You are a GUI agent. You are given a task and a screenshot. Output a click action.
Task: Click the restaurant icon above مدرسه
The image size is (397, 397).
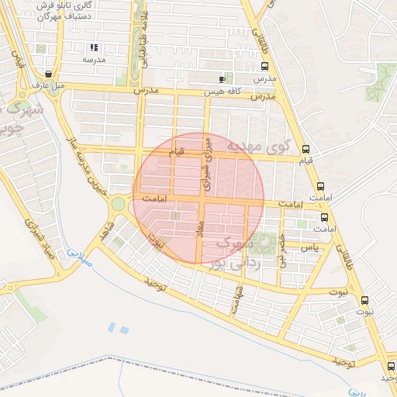(x=95, y=47)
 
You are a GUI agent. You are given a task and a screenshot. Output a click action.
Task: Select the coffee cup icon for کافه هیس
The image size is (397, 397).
(x=223, y=79)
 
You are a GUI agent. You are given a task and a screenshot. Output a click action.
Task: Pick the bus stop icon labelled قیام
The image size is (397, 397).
(x=306, y=149)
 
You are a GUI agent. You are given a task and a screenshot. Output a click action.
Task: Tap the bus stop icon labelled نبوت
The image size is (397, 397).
(x=364, y=300)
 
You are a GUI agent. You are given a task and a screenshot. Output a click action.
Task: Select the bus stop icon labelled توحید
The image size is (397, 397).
(x=389, y=365)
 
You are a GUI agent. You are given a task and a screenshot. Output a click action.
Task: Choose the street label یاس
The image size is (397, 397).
(x=310, y=247)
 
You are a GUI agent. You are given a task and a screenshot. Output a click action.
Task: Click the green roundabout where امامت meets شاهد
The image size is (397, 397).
(x=119, y=204)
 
